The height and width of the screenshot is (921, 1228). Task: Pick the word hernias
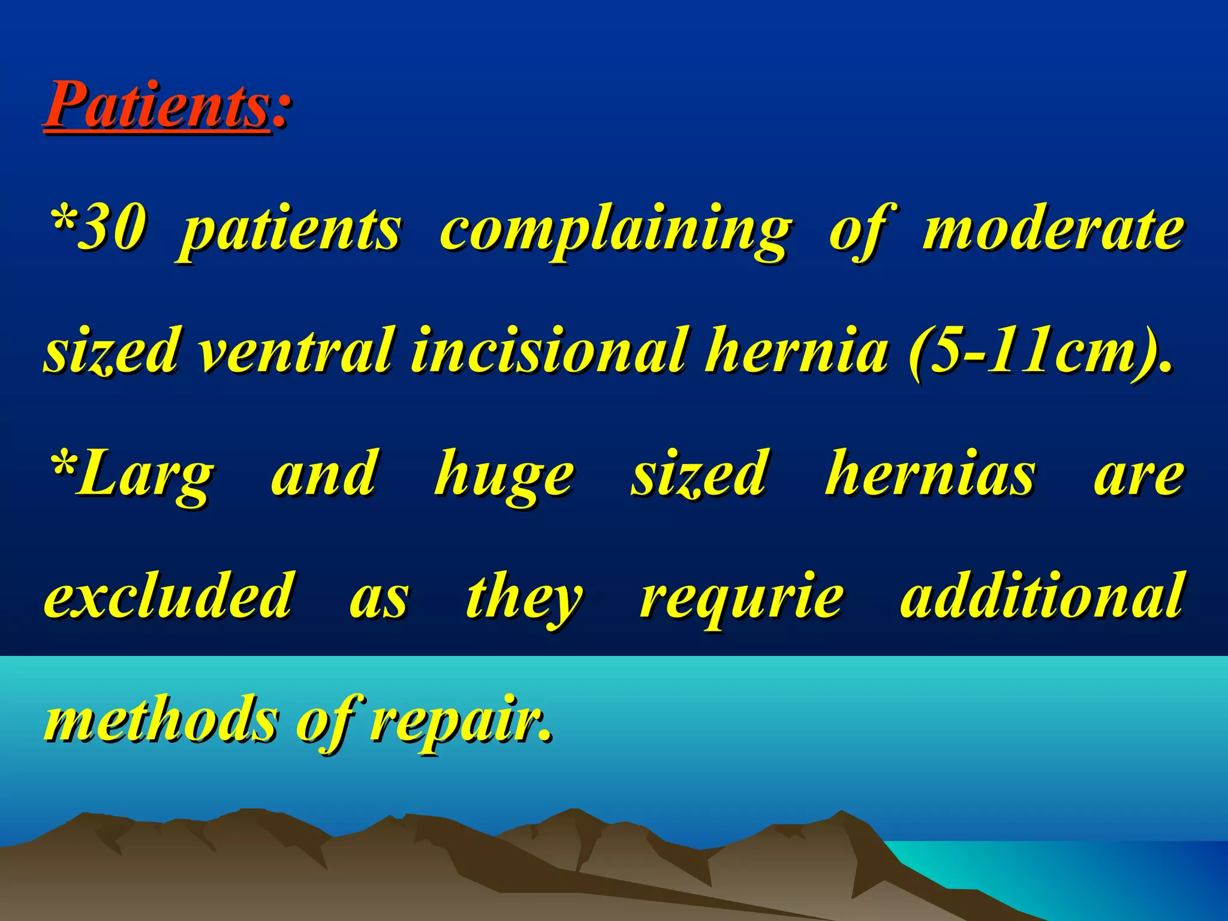pyautogui.click(x=929, y=474)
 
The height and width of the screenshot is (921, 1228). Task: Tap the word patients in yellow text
pyautogui.click(x=290, y=231)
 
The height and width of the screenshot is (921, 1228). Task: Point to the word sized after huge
pyautogui.click(x=699, y=474)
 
